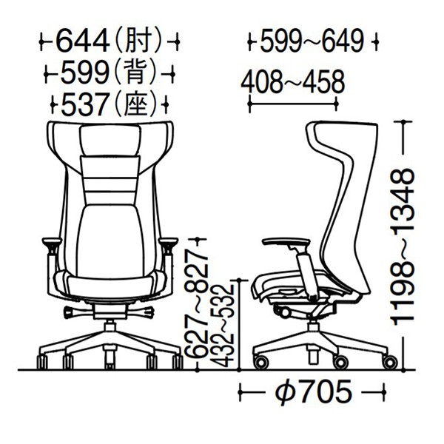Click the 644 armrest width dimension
[82, 41]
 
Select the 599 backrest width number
[84, 73]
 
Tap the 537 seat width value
[84, 104]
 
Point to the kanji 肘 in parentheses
[138, 41]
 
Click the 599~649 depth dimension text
[312, 41]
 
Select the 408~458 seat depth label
[293, 82]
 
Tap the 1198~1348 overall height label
[403, 246]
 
